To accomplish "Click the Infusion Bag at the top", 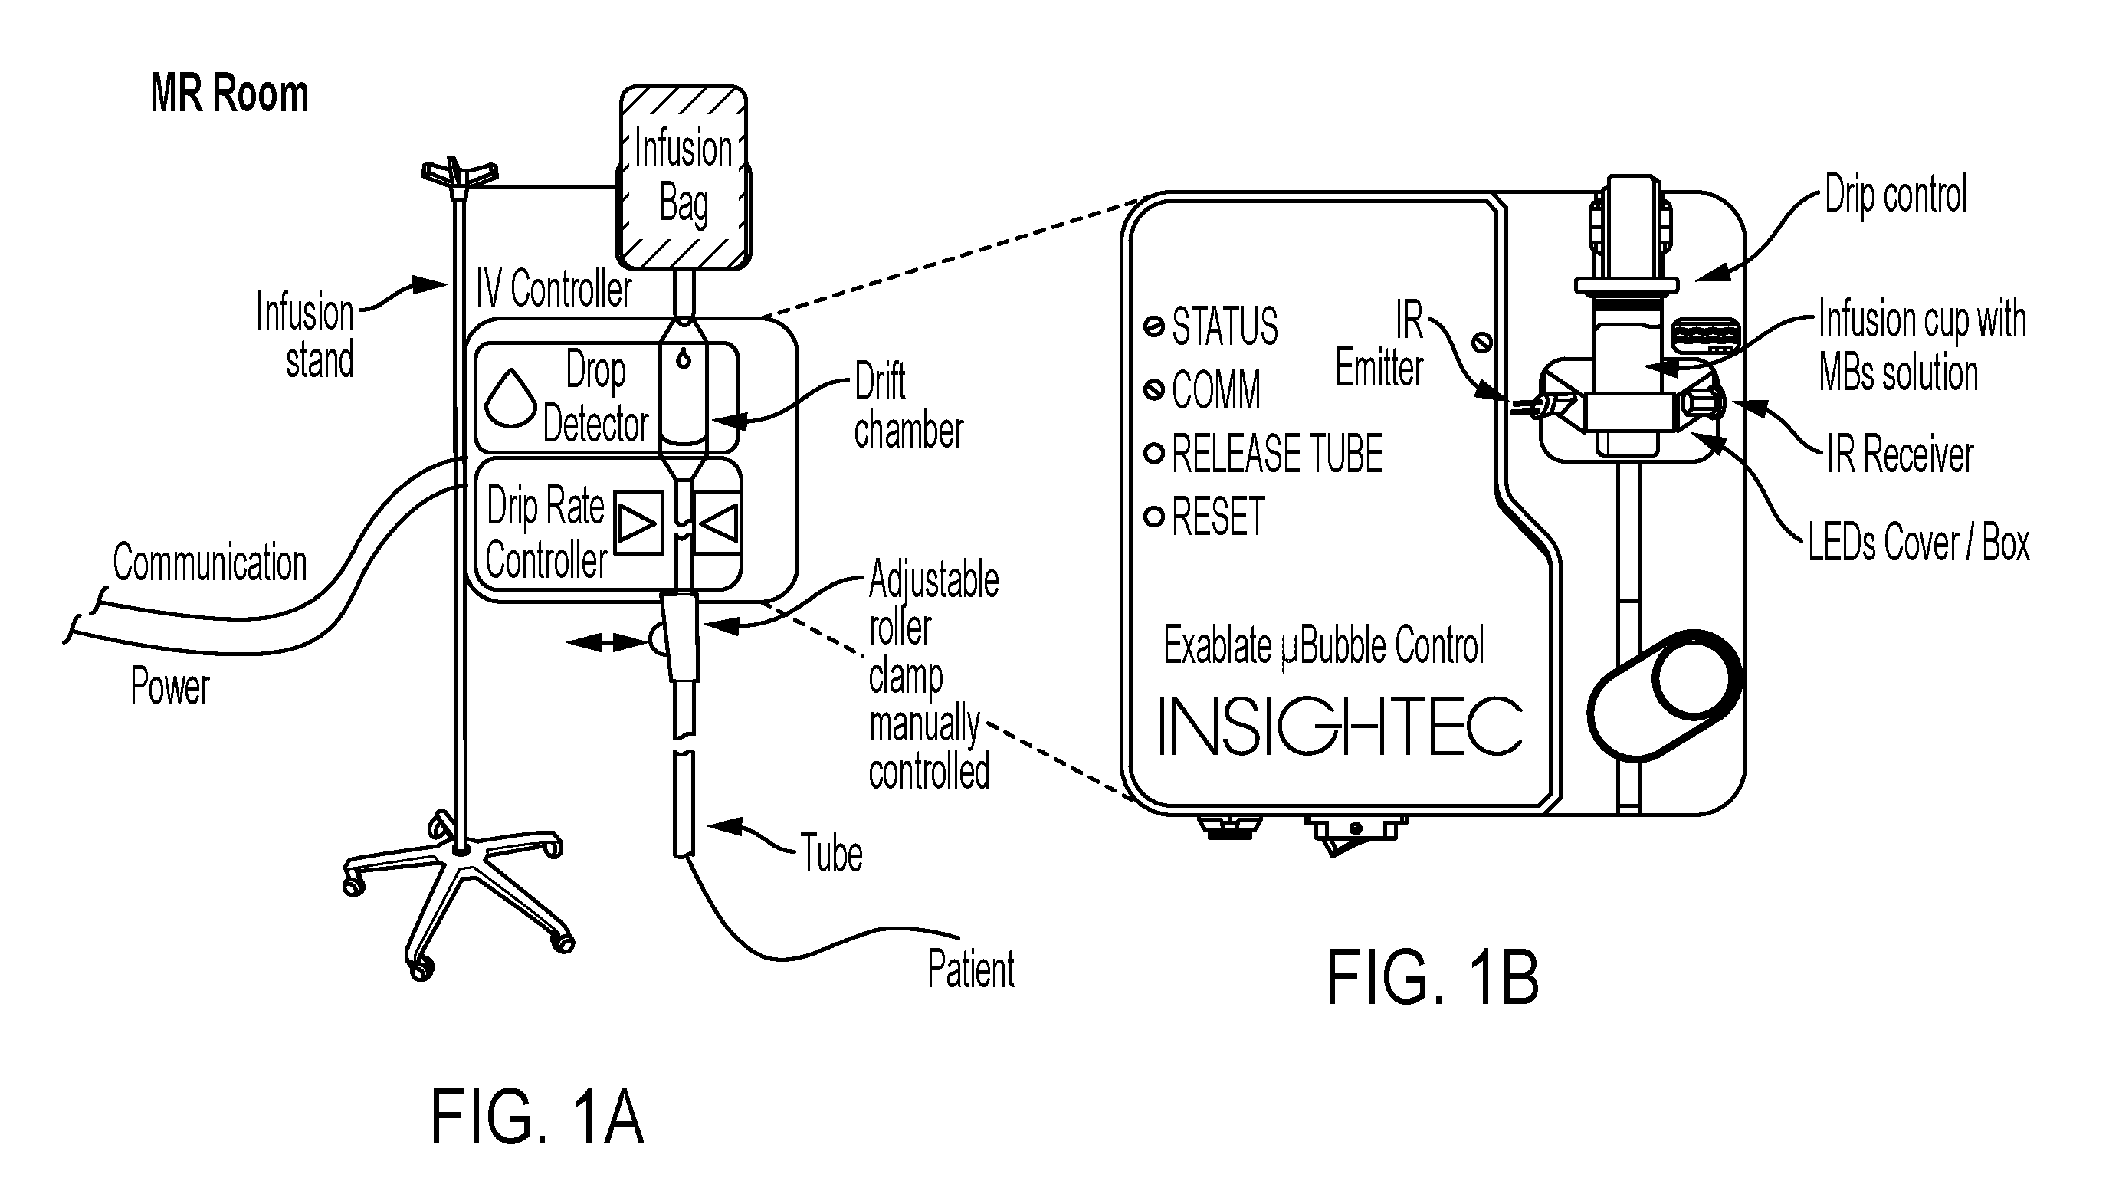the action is [684, 177].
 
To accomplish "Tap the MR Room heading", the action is [229, 93].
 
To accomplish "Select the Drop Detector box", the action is [606, 398].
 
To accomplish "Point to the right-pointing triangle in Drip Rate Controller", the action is [638, 523].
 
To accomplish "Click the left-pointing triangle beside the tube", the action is [718, 523].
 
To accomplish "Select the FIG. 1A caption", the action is [536, 1117].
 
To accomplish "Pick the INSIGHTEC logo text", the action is [1340, 726].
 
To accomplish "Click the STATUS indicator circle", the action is [1154, 326].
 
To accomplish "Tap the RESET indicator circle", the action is [1154, 517].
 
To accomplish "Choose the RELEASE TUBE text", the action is [1278, 453].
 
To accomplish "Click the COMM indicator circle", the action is [1154, 389].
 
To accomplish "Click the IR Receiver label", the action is [1900, 454].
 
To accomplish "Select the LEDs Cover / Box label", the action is [1918, 543].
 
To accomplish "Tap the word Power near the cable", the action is [170, 687].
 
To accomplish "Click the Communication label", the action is [210, 563].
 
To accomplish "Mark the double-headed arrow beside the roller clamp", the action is [606, 641].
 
